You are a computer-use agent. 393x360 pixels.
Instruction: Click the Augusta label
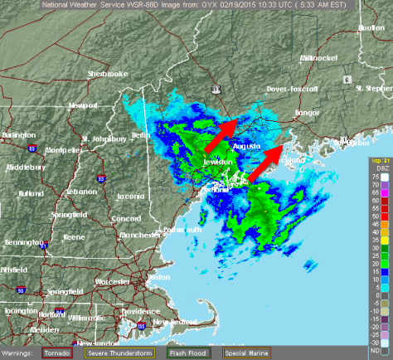(246, 146)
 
